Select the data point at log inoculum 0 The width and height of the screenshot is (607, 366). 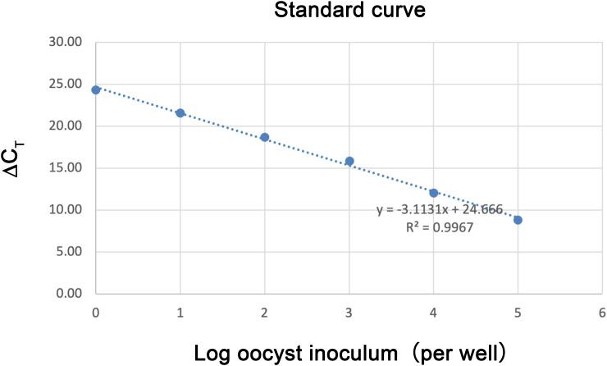96,89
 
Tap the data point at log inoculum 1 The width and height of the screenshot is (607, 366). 180,112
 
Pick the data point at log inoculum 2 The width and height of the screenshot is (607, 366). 265,137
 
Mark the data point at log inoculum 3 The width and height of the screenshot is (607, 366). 349,162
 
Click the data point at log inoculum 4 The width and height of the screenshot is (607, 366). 434,193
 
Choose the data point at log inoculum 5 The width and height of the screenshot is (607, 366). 518,220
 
